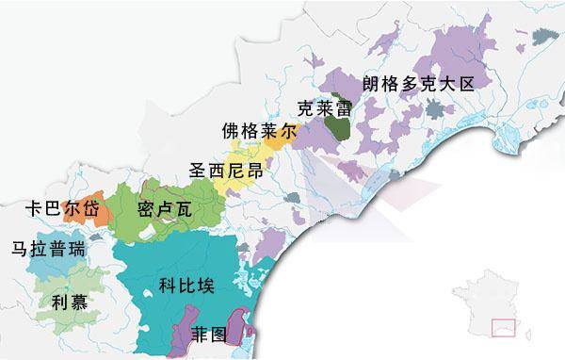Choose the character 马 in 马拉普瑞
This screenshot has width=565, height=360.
point(18,251)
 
